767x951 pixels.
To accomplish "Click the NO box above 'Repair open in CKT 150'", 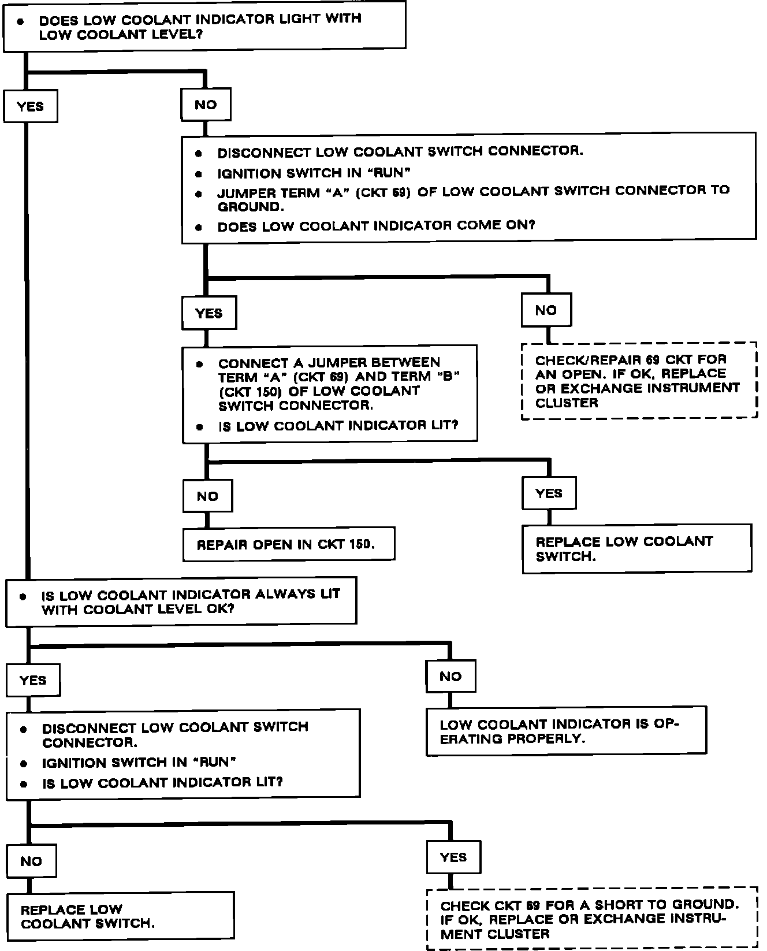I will pyautogui.click(x=207, y=496).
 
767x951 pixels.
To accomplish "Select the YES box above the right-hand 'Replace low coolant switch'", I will pyautogui.click(x=549, y=493).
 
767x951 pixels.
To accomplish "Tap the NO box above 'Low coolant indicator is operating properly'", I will pyautogui.click(x=450, y=676).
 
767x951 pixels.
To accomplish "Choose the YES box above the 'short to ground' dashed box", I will pyautogui.click(x=453, y=857).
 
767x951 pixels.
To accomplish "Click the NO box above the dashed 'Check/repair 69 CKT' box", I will pyautogui.click(x=546, y=310).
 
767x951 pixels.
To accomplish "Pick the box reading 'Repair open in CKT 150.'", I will pyautogui.click(x=288, y=544).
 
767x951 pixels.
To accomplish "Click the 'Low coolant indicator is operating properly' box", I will pyautogui.click(x=566, y=731).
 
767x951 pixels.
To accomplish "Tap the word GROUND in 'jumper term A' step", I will pyautogui.click(x=249, y=207).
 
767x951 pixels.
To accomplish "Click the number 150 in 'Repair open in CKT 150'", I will pyautogui.click(x=359, y=544).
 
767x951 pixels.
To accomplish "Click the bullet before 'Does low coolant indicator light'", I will pyautogui.click(x=21, y=21).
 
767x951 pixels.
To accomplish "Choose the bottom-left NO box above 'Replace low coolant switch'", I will pyautogui.click(x=31, y=861).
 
